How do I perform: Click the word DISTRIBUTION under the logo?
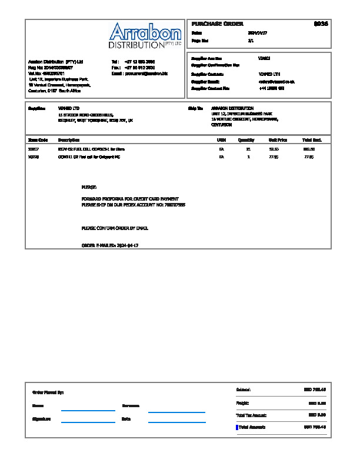tap(136, 45)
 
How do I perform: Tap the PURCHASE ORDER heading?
tap(218, 24)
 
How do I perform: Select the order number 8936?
tap(321, 24)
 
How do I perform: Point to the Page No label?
tap(200, 41)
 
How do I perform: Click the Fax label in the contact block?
tap(116, 68)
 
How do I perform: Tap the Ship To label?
tap(195, 109)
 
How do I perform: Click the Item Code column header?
tap(38, 140)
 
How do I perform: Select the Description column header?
tap(69, 140)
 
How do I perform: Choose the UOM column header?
tap(222, 140)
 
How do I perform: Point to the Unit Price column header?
tap(278, 140)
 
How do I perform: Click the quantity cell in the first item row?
tap(248, 149)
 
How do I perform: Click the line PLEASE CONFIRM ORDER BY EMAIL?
tap(115, 228)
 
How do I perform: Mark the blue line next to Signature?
tap(88, 422)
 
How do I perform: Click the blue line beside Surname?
tap(176, 412)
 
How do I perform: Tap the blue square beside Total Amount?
tap(237, 427)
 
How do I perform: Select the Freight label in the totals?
tap(242, 403)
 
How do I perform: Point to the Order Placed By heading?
tap(48, 392)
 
